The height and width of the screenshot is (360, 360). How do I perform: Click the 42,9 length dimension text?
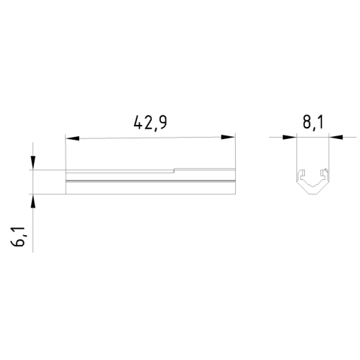pyautogui.click(x=150, y=122)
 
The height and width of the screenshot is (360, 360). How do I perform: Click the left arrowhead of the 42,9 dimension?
pyautogui.click(x=71, y=137)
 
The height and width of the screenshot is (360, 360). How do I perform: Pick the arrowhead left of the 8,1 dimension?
pyautogui.click(x=290, y=137)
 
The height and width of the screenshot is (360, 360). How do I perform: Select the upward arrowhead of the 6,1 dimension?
pyautogui.click(x=32, y=199)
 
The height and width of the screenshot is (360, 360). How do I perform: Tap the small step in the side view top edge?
pyautogui.click(x=174, y=169)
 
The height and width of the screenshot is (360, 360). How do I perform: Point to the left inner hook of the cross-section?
pyautogui.click(x=302, y=174)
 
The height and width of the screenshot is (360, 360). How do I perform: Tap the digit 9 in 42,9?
pyautogui.click(x=162, y=122)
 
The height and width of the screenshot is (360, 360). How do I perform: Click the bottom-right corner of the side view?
pyautogui.click(x=235, y=193)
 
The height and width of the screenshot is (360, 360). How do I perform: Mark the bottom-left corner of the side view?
pyautogui.click(x=65, y=193)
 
